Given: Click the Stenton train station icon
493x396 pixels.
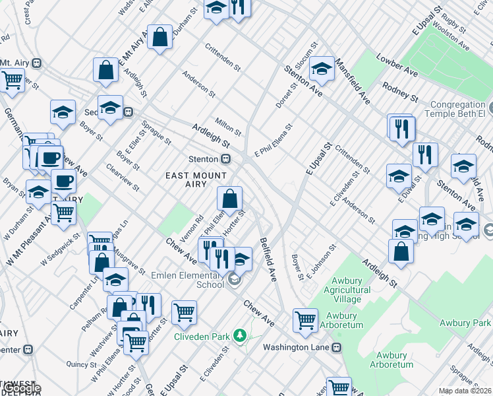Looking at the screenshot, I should point(225,159).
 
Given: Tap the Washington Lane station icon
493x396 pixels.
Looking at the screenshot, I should point(337,347).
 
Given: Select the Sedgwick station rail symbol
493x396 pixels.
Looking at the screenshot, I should point(130,112).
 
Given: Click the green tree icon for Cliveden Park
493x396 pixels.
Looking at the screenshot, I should point(239,336).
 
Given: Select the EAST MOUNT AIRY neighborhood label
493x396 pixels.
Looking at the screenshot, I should point(196,180).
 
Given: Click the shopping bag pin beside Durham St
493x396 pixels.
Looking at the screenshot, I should point(159,37).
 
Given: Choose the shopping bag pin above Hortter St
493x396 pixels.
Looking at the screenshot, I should point(229,198).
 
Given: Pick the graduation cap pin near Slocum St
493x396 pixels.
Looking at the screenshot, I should point(321,68).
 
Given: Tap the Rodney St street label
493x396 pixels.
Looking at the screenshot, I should point(400,92).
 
